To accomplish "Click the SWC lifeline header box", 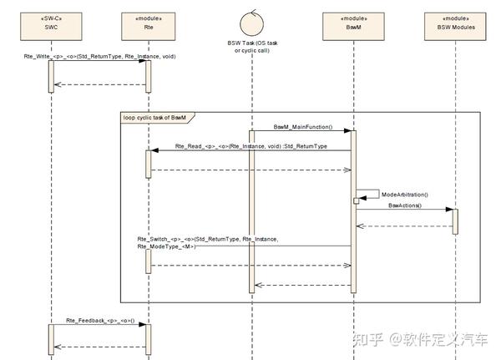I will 50,21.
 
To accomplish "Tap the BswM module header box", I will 352,21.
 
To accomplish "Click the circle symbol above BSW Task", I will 250,18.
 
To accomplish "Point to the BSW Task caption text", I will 250,47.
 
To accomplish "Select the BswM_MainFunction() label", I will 303,127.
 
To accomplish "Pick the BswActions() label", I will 405,205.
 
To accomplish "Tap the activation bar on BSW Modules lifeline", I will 455,221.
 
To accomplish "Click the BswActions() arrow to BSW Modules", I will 405,210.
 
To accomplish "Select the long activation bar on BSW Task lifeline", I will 250,209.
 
